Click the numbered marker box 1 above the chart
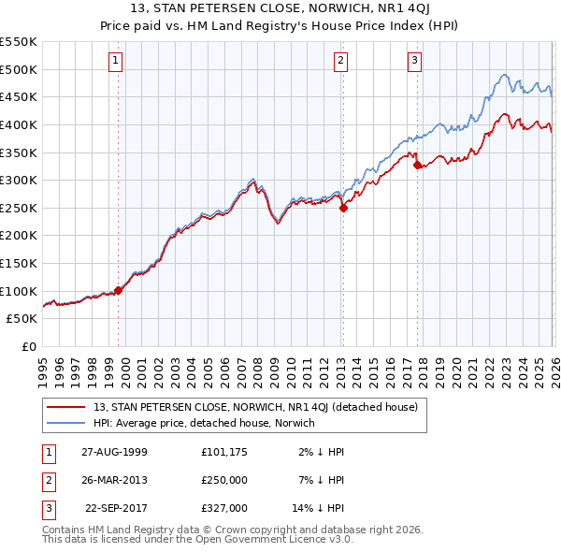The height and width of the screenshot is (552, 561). (x=115, y=61)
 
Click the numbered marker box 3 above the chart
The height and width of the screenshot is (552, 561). (x=414, y=61)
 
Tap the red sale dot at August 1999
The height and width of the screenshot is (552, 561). (x=119, y=290)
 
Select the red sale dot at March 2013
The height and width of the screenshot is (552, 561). (x=343, y=209)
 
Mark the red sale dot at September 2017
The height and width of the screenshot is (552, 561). (x=417, y=166)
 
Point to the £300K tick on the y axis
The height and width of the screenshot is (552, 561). (x=19, y=180)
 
